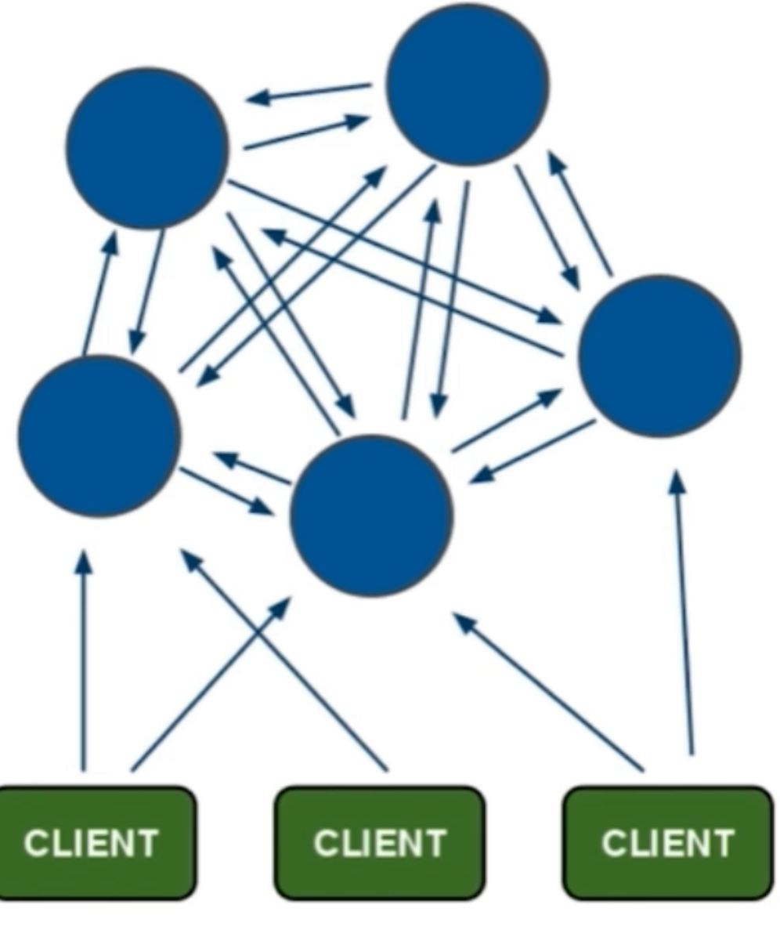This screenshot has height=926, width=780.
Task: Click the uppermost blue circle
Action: click(467, 85)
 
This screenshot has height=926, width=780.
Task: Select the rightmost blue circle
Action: click(659, 356)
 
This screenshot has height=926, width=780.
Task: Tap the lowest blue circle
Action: click(371, 515)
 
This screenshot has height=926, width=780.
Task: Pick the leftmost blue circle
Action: click(99, 436)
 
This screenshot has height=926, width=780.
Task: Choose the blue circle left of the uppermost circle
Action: click(147, 147)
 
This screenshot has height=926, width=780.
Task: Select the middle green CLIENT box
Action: click(380, 843)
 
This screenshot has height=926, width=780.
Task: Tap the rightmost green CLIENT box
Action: click(668, 843)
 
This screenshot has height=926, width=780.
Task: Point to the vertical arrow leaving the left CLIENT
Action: click(85, 660)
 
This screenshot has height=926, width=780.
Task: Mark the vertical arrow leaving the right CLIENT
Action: click(684, 612)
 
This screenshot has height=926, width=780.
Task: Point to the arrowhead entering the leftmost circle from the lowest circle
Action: click(225, 459)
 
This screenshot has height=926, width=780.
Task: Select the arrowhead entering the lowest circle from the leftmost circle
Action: click(262, 506)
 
